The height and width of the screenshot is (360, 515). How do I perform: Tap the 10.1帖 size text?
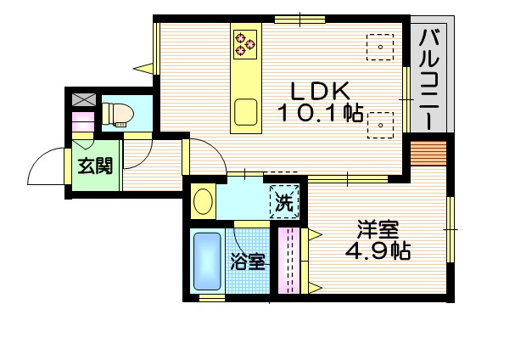coord(319,112)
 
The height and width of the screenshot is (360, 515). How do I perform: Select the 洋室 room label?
coord(377,229)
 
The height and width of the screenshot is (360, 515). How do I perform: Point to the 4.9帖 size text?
coord(378,251)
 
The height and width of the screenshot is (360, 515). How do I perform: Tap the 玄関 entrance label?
coord(95,166)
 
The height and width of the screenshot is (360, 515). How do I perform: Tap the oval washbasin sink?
coord(204,202)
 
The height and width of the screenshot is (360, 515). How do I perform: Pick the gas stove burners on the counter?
coord(246,44)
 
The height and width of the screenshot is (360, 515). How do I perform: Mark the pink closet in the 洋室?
coord(288,259)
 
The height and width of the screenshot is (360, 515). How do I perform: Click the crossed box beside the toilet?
coord(83,100)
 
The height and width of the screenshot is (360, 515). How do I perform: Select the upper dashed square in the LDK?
coord(379,45)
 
